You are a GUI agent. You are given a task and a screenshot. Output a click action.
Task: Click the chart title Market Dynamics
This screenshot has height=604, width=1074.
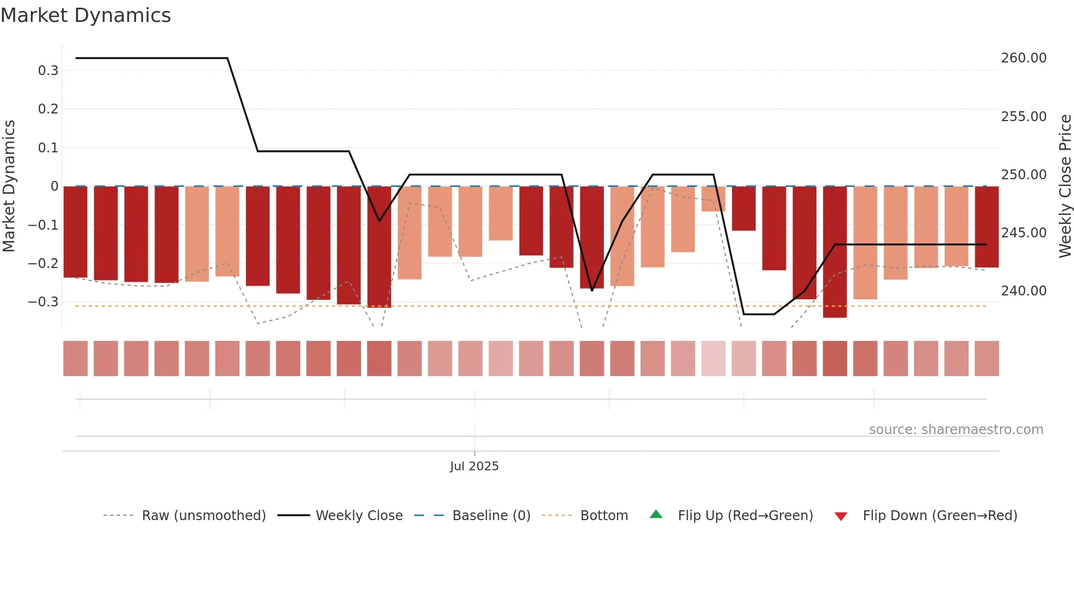point(85,15)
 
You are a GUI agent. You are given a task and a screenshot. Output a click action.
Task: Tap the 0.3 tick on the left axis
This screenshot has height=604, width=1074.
point(48,71)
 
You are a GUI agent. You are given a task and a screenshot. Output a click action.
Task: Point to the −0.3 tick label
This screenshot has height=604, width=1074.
point(43,302)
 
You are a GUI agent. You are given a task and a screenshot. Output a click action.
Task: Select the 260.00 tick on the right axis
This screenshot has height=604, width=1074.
point(1024,58)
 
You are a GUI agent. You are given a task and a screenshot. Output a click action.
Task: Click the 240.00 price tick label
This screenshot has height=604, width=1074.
point(1024,291)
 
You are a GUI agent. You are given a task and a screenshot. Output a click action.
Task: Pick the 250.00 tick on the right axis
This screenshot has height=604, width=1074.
point(1024,175)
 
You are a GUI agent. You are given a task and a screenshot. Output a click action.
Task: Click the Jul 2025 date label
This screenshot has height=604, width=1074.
point(474,466)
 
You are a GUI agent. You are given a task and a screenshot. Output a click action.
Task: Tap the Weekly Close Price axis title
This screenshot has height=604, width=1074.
point(1065,186)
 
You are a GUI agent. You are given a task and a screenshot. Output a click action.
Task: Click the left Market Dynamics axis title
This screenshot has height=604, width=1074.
point(9,186)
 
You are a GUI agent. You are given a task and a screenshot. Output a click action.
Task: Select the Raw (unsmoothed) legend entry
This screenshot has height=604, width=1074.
point(203,516)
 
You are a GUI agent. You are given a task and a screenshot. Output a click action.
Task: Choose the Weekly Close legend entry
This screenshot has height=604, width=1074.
point(359,516)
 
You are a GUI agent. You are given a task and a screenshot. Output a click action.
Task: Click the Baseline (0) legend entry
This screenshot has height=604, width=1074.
point(491,516)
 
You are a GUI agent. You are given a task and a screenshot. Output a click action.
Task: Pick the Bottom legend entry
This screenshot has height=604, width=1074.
point(604,516)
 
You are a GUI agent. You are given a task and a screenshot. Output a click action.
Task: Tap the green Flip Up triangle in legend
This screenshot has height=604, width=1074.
point(656,515)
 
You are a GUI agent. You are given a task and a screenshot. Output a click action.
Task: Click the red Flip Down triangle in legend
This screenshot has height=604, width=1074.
point(841,516)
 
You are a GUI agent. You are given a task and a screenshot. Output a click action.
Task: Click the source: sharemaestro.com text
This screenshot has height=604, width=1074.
point(956,430)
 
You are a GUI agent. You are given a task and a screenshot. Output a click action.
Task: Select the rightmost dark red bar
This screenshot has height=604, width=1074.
point(986,227)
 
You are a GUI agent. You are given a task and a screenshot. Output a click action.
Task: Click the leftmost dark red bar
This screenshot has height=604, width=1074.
point(76,232)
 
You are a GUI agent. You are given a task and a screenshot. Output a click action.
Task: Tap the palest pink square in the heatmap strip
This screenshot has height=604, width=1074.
point(713,358)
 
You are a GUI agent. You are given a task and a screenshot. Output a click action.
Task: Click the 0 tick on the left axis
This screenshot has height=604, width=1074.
point(54,186)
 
